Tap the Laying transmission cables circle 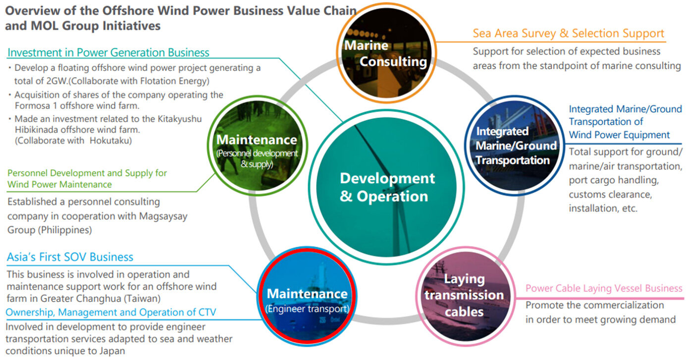(465, 296)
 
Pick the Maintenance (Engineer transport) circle (307, 296)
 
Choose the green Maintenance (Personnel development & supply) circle (258, 145)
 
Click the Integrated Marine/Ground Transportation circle (515, 145)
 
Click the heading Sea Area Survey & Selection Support (568, 33)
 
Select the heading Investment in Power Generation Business (108, 52)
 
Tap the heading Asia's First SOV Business (70, 257)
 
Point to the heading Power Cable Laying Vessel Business (604, 288)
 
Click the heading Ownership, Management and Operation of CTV (111, 312)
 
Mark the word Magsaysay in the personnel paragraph (163, 216)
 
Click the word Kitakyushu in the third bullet (180, 119)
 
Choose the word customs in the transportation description (588, 195)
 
